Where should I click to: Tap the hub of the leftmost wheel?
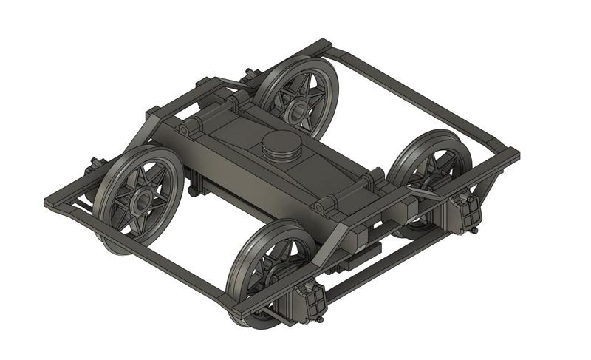pos(140,198)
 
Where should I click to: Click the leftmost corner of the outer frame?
pos(49,201)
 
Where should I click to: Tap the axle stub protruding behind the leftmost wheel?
pos(95,164)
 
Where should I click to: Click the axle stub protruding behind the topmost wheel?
pos(250,75)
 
